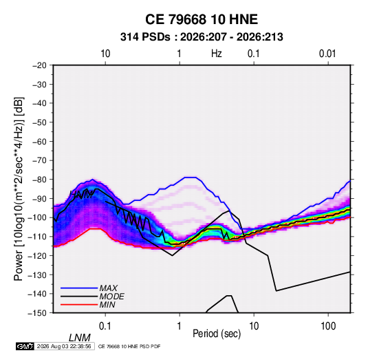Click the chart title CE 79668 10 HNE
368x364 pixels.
point(202,19)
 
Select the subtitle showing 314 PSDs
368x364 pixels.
point(202,37)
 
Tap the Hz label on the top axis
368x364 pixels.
point(216,54)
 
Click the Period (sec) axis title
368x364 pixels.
point(217,333)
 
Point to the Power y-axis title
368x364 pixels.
point(19,189)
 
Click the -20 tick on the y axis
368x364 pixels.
point(39,65)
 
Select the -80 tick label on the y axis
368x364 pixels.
point(39,180)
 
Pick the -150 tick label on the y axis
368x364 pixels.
point(37,313)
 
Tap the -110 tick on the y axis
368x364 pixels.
point(37,237)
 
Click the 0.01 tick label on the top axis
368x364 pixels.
point(327,54)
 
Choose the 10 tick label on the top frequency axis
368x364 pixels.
point(105,54)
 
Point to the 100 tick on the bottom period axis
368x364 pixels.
point(328,326)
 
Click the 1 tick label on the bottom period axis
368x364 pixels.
point(180,326)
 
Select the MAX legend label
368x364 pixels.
point(109,288)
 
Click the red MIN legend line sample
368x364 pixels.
point(79,305)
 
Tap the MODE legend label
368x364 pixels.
point(111,297)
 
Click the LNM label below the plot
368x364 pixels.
point(79,338)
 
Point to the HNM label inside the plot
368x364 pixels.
point(81,194)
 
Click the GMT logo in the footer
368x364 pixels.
point(25,346)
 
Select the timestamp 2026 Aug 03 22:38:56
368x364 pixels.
point(64,346)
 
